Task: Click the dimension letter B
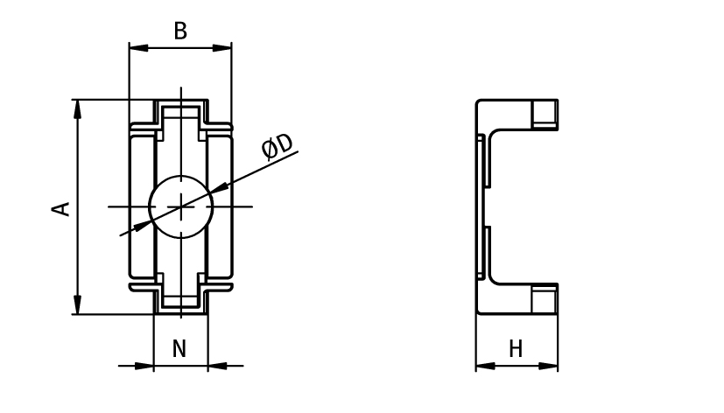pyautogui.click(x=180, y=31)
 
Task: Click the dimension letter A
pyautogui.click(x=60, y=208)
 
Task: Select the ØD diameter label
pyautogui.click(x=278, y=147)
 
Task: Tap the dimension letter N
pyautogui.click(x=179, y=349)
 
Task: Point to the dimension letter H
pyautogui.click(x=516, y=349)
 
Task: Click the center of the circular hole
pyautogui.click(x=181, y=206)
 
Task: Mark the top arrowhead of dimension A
pyautogui.click(x=78, y=108)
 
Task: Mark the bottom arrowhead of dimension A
pyautogui.click(x=78, y=305)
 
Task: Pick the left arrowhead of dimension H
pyautogui.click(x=484, y=366)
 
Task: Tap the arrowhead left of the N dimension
pyautogui.click(x=145, y=366)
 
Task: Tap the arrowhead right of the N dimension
pyautogui.click(x=217, y=366)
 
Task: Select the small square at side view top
pyautogui.click(x=545, y=113)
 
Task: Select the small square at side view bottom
pyautogui.click(x=545, y=301)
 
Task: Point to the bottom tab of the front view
pyautogui.click(x=181, y=301)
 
